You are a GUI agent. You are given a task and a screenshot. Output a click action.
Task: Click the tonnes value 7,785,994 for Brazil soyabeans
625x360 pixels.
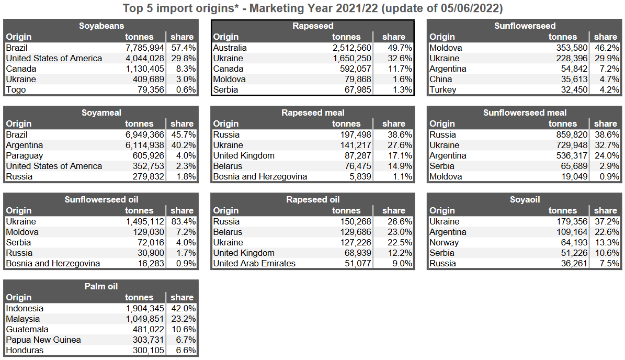click(144, 48)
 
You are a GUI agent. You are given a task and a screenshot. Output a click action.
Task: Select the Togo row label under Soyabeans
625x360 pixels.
click(16, 89)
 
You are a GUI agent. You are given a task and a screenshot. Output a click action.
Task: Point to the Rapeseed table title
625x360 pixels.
click(313, 26)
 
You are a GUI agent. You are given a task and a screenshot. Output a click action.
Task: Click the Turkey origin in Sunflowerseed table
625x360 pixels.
click(442, 89)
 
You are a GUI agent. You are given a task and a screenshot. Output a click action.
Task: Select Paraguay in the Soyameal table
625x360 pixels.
click(25, 155)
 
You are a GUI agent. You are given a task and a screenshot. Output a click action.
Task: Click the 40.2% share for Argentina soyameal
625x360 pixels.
click(183, 145)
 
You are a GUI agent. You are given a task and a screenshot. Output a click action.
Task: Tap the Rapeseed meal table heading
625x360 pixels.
click(313, 113)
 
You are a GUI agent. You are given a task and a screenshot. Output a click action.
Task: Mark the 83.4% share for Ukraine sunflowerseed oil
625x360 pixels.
click(183, 221)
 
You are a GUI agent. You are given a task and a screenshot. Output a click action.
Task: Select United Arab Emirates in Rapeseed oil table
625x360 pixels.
click(254, 263)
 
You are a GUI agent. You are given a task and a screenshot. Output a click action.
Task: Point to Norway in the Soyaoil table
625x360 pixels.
click(444, 242)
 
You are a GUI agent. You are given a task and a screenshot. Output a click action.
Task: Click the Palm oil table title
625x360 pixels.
click(101, 286)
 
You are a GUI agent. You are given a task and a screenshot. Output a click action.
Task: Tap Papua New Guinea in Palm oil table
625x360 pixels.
click(43, 340)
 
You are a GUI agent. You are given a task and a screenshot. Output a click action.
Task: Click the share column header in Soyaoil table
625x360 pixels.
click(605, 210)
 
